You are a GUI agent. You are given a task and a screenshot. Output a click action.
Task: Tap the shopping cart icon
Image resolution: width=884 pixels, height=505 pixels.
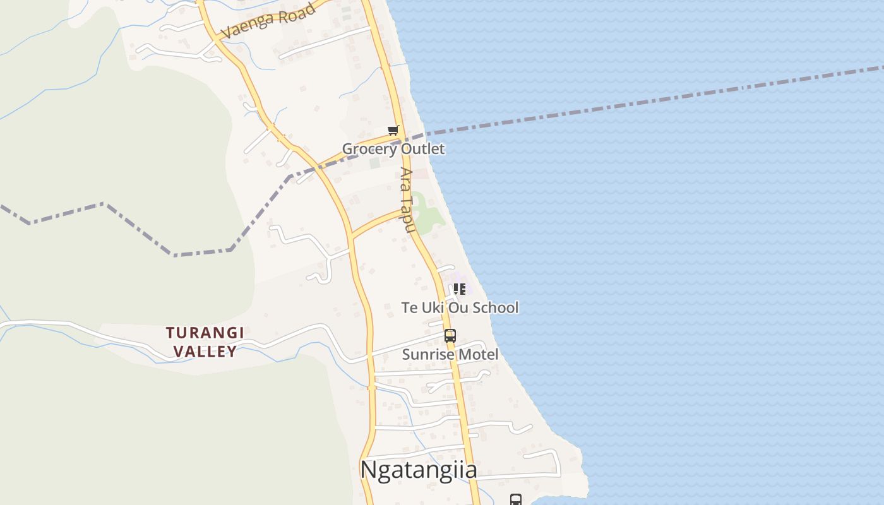point(393,131)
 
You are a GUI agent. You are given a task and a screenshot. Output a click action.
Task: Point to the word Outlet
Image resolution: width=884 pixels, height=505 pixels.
point(421,149)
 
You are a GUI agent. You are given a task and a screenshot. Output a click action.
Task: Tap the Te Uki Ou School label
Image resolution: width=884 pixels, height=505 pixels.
point(460,308)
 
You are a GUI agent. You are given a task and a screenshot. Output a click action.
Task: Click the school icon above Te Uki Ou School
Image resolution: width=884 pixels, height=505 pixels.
point(460,289)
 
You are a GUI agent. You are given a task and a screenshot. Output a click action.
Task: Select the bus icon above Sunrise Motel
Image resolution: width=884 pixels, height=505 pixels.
point(450,336)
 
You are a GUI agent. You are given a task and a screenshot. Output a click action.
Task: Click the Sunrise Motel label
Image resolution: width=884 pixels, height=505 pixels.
point(450,355)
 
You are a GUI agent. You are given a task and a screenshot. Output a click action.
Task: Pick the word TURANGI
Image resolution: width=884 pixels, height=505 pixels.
point(205,333)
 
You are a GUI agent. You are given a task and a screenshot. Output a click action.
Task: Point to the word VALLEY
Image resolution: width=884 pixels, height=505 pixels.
point(205,352)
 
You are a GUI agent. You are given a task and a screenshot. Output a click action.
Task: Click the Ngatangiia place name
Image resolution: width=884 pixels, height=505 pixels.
point(418,470)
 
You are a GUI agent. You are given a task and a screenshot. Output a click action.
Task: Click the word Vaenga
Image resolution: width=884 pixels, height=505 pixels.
point(246,27)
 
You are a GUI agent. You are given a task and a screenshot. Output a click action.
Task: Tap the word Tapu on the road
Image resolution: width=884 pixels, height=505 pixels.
point(409,215)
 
